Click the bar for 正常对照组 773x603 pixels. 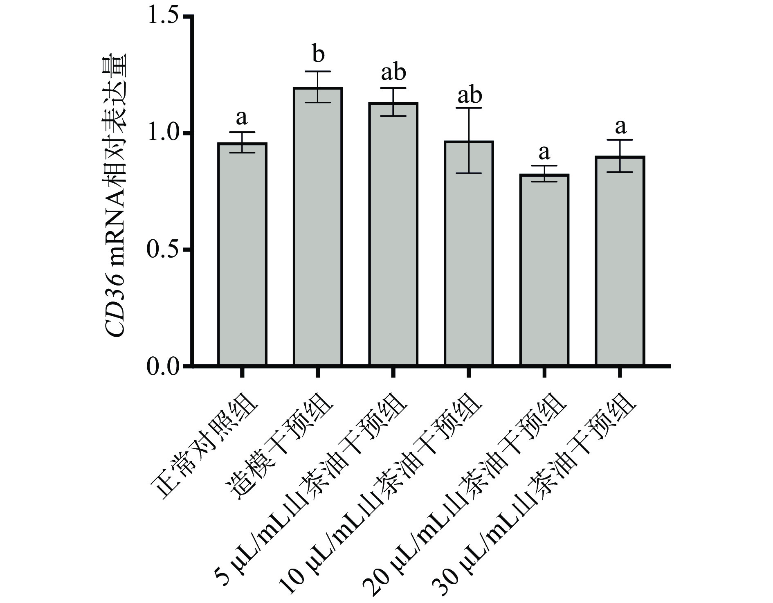(242, 254)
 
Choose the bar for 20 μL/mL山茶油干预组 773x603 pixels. (544, 270)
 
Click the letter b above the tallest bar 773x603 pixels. (318, 54)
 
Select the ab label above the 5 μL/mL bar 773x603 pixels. (393, 72)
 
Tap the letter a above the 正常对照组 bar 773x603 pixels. (242, 118)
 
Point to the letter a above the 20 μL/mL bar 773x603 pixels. (544, 153)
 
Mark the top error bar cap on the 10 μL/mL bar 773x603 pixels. (469, 108)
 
